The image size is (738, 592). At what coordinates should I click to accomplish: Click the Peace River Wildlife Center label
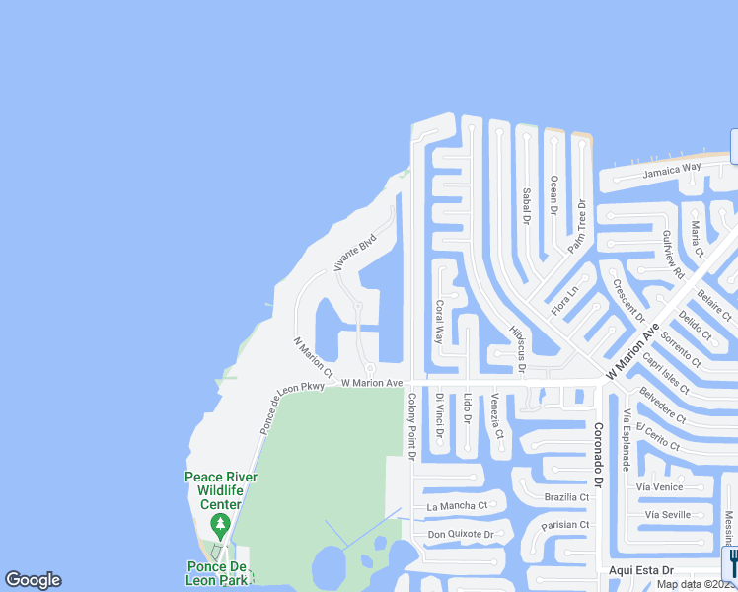click(221, 490)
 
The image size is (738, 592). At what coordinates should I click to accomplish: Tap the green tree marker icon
click(221, 523)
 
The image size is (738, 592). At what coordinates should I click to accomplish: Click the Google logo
click(33, 580)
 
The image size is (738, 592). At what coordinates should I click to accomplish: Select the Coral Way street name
click(440, 322)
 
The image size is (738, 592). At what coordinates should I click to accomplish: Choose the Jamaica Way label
click(672, 170)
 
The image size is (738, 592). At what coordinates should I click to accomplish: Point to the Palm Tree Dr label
click(576, 227)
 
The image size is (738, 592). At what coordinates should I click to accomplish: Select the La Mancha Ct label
click(457, 506)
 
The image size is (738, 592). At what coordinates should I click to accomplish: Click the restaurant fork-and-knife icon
click(731, 563)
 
